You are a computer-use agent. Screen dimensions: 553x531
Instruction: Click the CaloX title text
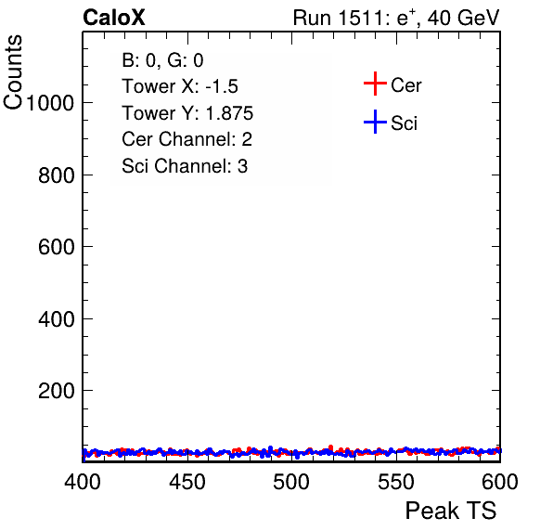pyautogui.click(x=114, y=18)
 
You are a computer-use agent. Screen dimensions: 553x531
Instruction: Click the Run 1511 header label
pyautogui.click(x=396, y=18)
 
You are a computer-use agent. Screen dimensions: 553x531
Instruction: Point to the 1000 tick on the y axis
pyautogui.click(x=50, y=103)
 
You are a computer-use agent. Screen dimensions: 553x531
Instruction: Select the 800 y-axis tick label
pyautogui.click(x=57, y=175)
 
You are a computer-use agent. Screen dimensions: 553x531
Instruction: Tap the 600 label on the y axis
pyautogui.click(x=57, y=247)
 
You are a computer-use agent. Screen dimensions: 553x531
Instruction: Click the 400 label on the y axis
pyautogui.click(x=57, y=319)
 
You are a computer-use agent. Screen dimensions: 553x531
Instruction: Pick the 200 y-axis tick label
pyautogui.click(x=57, y=391)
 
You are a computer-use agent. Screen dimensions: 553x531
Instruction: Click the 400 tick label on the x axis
pyautogui.click(x=83, y=482)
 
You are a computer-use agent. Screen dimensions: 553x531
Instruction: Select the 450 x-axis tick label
pyautogui.click(x=186, y=482)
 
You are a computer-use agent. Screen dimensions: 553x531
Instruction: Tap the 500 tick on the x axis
pyautogui.click(x=291, y=482)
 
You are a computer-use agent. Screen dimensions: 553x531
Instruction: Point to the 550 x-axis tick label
pyautogui.click(x=395, y=482)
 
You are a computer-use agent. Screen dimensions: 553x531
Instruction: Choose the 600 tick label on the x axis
pyautogui.click(x=500, y=482)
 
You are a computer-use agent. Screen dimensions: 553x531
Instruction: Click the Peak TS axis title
pyautogui.click(x=451, y=511)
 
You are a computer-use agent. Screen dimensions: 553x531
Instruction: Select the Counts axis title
pyautogui.click(x=13, y=72)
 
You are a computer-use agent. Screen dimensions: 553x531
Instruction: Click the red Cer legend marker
pyautogui.click(x=375, y=84)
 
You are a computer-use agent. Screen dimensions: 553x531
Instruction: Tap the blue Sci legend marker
pyautogui.click(x=375, y=122)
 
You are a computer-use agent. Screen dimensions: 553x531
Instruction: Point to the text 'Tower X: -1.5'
pyautogui.click(x=180, y=86)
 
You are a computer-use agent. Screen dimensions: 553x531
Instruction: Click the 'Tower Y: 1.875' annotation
pyautogui.click(x=187, y=113)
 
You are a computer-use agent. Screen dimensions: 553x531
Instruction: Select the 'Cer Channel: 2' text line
pyautogui.click(x=186, y=139)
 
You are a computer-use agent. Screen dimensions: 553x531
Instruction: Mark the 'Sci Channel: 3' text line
pyautogui.click(x=185, y=166)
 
